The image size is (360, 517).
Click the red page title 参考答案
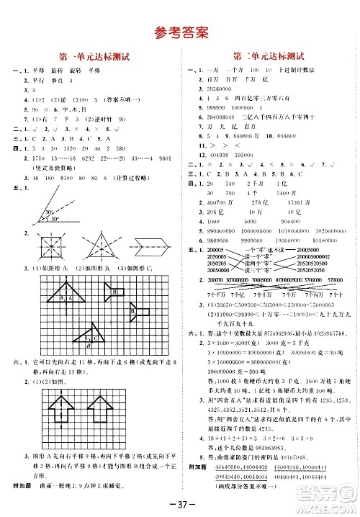tap(180, 32)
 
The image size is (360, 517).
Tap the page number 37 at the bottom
tap(180, 501)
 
